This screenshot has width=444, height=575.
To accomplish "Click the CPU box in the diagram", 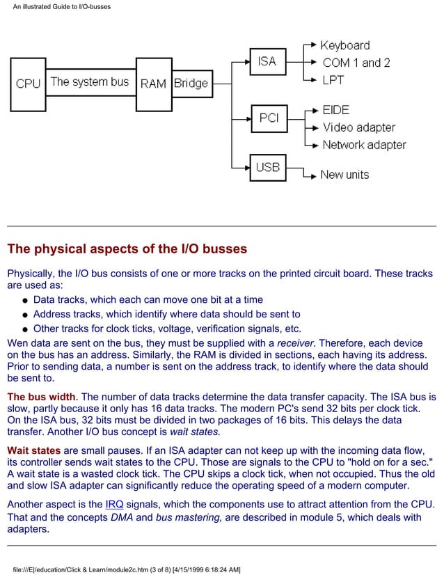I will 28,84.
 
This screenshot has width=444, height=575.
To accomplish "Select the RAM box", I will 153,84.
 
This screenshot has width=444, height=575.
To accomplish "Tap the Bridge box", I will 191,84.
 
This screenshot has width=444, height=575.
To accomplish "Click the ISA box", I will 267,61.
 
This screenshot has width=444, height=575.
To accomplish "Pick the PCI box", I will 269,118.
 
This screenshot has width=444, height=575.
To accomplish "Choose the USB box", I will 268,167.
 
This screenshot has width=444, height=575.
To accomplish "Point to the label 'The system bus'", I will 90,81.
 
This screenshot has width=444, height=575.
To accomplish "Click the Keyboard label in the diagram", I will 344,45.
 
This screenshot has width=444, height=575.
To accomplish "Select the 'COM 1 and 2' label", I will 356,63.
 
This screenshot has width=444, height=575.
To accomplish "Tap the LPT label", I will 333,80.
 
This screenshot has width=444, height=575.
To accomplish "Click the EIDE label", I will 335,110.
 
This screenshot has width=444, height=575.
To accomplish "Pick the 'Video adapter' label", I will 358,127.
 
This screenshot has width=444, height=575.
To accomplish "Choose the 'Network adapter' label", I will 364,145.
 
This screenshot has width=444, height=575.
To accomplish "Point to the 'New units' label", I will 344,175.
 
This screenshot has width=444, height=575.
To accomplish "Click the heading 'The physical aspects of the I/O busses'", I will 127,249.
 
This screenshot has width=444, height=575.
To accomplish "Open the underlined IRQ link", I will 114,504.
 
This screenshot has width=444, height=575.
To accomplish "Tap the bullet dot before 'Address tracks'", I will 24,315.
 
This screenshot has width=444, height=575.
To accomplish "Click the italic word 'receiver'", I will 295,343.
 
